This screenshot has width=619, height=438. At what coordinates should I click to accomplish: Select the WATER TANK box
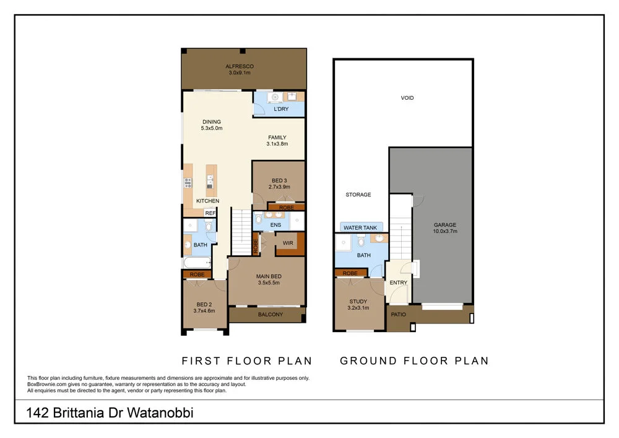click(x=360, y=227)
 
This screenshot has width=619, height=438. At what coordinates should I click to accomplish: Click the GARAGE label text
click(x=445, y=225)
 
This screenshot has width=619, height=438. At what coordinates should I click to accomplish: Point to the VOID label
click(x=407, y=98)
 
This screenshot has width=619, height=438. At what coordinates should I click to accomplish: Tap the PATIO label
click(x=397, y=315)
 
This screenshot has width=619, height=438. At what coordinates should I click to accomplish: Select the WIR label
click(x=288, y=243)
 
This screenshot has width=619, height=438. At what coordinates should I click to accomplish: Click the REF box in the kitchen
click(x=210, y=212)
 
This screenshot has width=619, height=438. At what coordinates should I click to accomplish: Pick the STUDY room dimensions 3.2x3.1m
click(x=359, y=308)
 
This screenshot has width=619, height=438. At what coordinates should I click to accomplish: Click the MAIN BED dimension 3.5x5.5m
click(x=269, y=283)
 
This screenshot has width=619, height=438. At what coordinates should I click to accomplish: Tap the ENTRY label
click(x=398, y=283)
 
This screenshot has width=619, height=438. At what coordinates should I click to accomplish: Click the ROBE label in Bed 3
click(x=286, y=208)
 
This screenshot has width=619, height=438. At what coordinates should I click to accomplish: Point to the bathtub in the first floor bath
click(x=197, y=263)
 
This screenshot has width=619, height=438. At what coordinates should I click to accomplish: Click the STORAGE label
click(x=358, y=195)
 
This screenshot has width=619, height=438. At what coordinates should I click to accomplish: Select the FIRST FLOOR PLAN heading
click(x=246, y=361)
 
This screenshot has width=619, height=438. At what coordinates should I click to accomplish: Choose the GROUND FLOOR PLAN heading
click(x=414, y=361)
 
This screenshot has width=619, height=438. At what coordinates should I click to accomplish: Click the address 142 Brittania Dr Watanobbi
click(x=110, y=413)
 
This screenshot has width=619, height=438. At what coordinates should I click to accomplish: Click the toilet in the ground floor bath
click(x=361, y=242)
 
